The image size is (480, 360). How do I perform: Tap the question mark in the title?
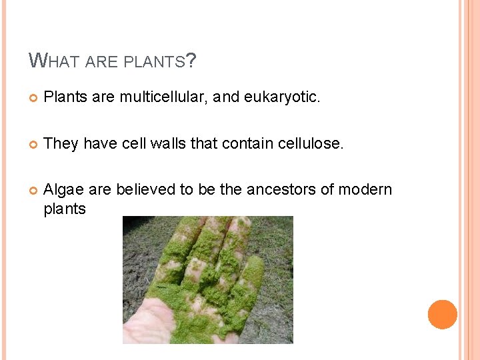[x=191, y=62]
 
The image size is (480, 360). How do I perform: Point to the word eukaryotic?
[x=282, y=98]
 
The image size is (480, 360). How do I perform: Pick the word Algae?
[x=63, y=190]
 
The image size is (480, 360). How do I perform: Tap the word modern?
[x=365, y=190]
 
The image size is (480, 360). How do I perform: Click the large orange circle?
[x=443, y=315]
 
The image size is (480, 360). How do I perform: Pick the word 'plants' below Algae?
[x=65, y=209]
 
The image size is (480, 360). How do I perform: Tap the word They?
[x=61, y=144]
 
